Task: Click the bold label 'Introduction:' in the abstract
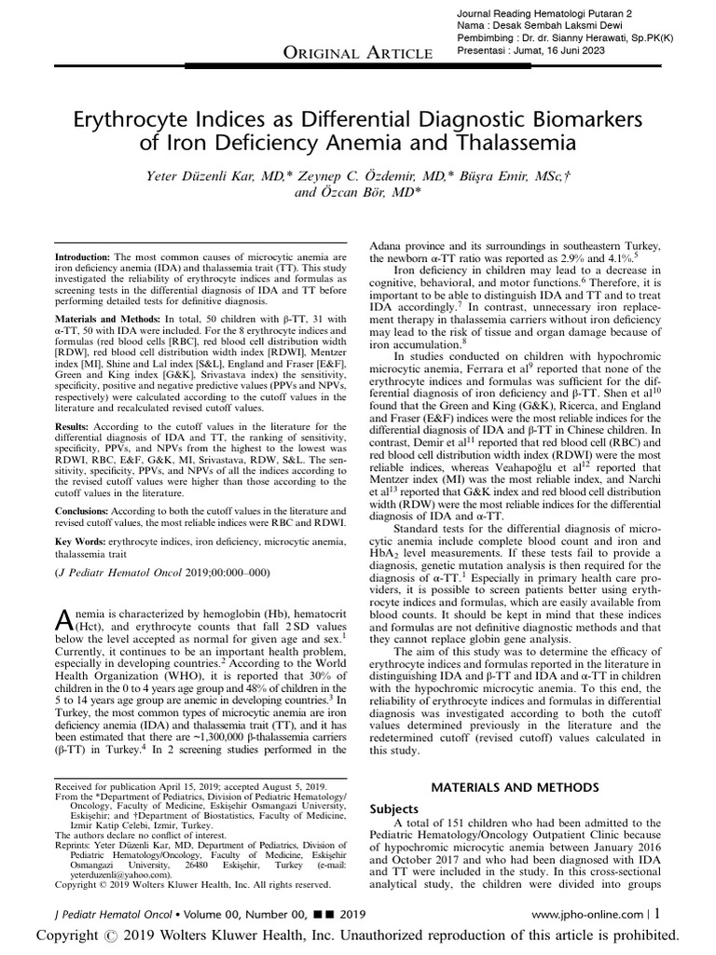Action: tap(83, 256)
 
